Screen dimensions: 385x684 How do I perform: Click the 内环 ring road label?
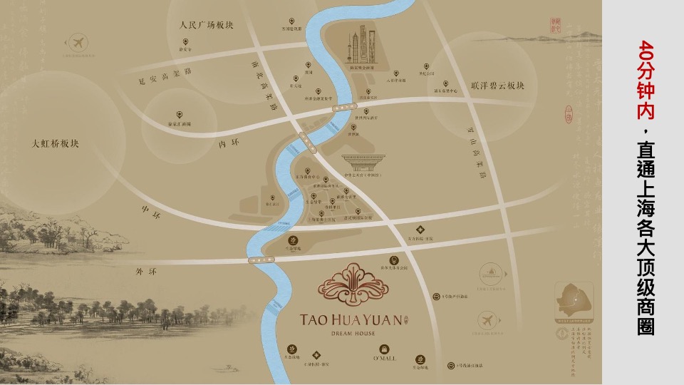click(x=226, y=145)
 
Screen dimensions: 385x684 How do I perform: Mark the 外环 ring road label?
click(x=145, y=272)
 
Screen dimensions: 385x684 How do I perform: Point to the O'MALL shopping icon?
click(x=384, y=349)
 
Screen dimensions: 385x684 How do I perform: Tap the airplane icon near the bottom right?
click(x=488, y=318)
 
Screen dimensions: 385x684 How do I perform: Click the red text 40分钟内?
click(x=646, y=79)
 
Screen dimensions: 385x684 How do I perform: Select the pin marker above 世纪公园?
click(x=426, y=63)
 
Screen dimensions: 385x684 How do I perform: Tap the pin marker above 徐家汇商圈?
click(x=179, y=114)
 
